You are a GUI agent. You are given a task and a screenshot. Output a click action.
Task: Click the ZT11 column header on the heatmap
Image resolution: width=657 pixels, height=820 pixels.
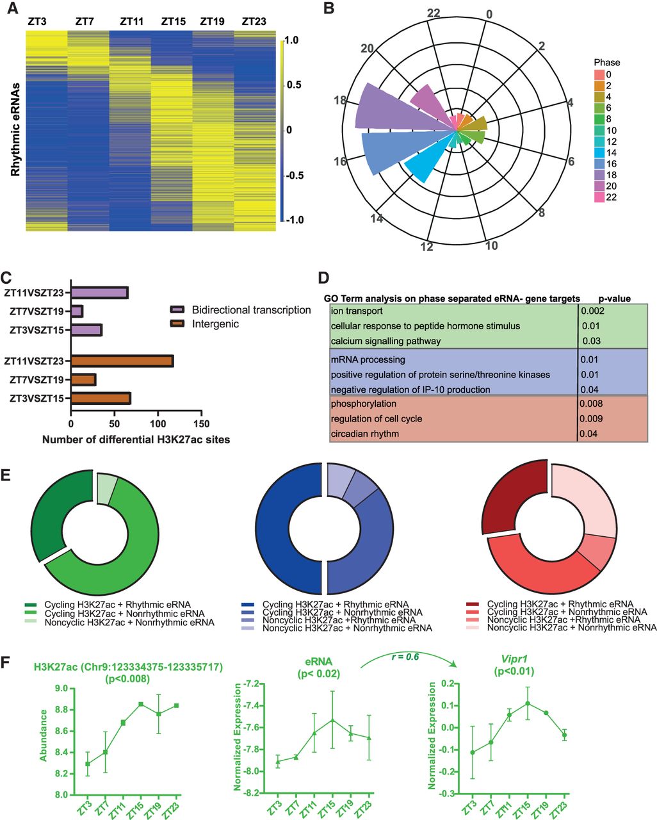coord(131,22)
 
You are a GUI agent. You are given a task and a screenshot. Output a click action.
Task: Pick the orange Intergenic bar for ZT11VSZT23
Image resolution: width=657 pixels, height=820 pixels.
coord(122,361)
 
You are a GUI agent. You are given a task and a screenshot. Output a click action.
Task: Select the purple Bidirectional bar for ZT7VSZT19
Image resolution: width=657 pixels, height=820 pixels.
coord(77,311)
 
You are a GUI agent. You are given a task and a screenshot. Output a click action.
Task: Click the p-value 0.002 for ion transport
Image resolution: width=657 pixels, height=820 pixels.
coord(592,311)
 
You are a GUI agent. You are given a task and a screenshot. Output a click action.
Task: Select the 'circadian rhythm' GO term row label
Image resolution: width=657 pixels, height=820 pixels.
coord(364,434)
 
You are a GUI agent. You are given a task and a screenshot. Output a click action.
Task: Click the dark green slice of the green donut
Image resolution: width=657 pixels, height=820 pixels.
coord(54,512)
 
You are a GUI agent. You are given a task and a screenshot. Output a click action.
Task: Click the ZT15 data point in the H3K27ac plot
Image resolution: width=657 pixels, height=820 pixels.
coord(140,704)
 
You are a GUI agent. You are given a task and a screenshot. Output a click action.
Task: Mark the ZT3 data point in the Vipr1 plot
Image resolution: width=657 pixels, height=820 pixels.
coord(473,752)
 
